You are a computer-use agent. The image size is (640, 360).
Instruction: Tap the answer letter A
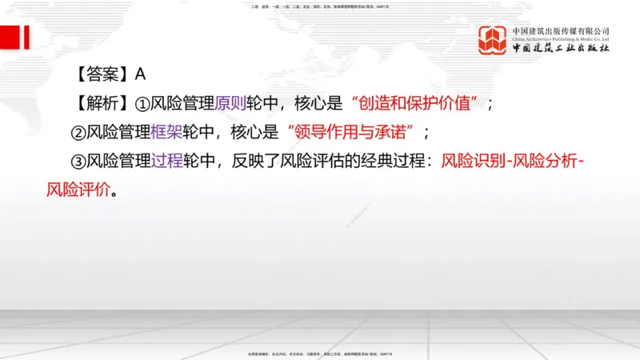click(140, 74)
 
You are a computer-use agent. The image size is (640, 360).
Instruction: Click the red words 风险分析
click(546, 162)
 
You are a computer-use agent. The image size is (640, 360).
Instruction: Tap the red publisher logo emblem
click(493, 40)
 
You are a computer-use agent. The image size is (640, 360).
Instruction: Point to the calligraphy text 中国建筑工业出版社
click(561, 49)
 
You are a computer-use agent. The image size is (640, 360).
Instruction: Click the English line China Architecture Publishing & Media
click(561, 38)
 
